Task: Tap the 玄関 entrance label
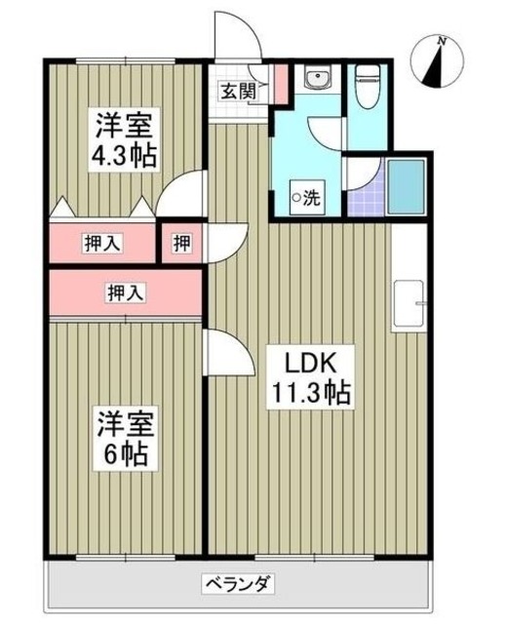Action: (x=236, y=93)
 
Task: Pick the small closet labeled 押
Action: (x=182, y=244)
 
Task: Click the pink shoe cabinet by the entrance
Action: (x=281, y=83)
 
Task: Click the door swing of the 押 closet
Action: (x=226, y=240)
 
